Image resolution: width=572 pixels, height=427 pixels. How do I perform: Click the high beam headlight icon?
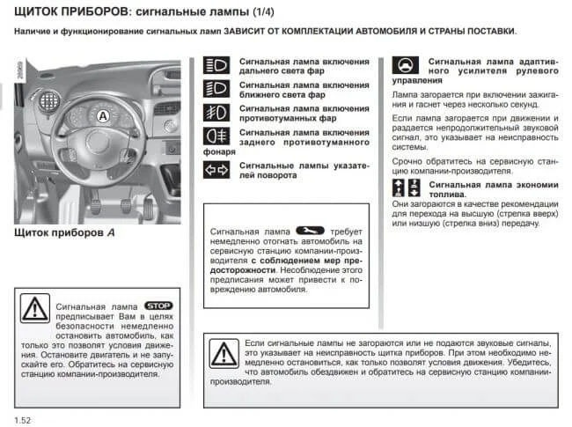coord(216,66)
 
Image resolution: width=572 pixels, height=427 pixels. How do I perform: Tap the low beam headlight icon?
coord(216,88)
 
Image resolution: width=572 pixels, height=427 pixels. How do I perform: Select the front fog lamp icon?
coord(216,112)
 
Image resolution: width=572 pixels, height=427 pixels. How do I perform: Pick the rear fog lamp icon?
coord(216,136)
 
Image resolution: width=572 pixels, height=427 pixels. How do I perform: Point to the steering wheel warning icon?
coord(405,67)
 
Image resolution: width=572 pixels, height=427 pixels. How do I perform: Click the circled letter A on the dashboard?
coord(102,115)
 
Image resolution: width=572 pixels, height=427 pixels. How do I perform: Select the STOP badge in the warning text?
coord(158,305)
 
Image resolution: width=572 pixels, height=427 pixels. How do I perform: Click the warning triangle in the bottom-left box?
coord(35,308)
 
